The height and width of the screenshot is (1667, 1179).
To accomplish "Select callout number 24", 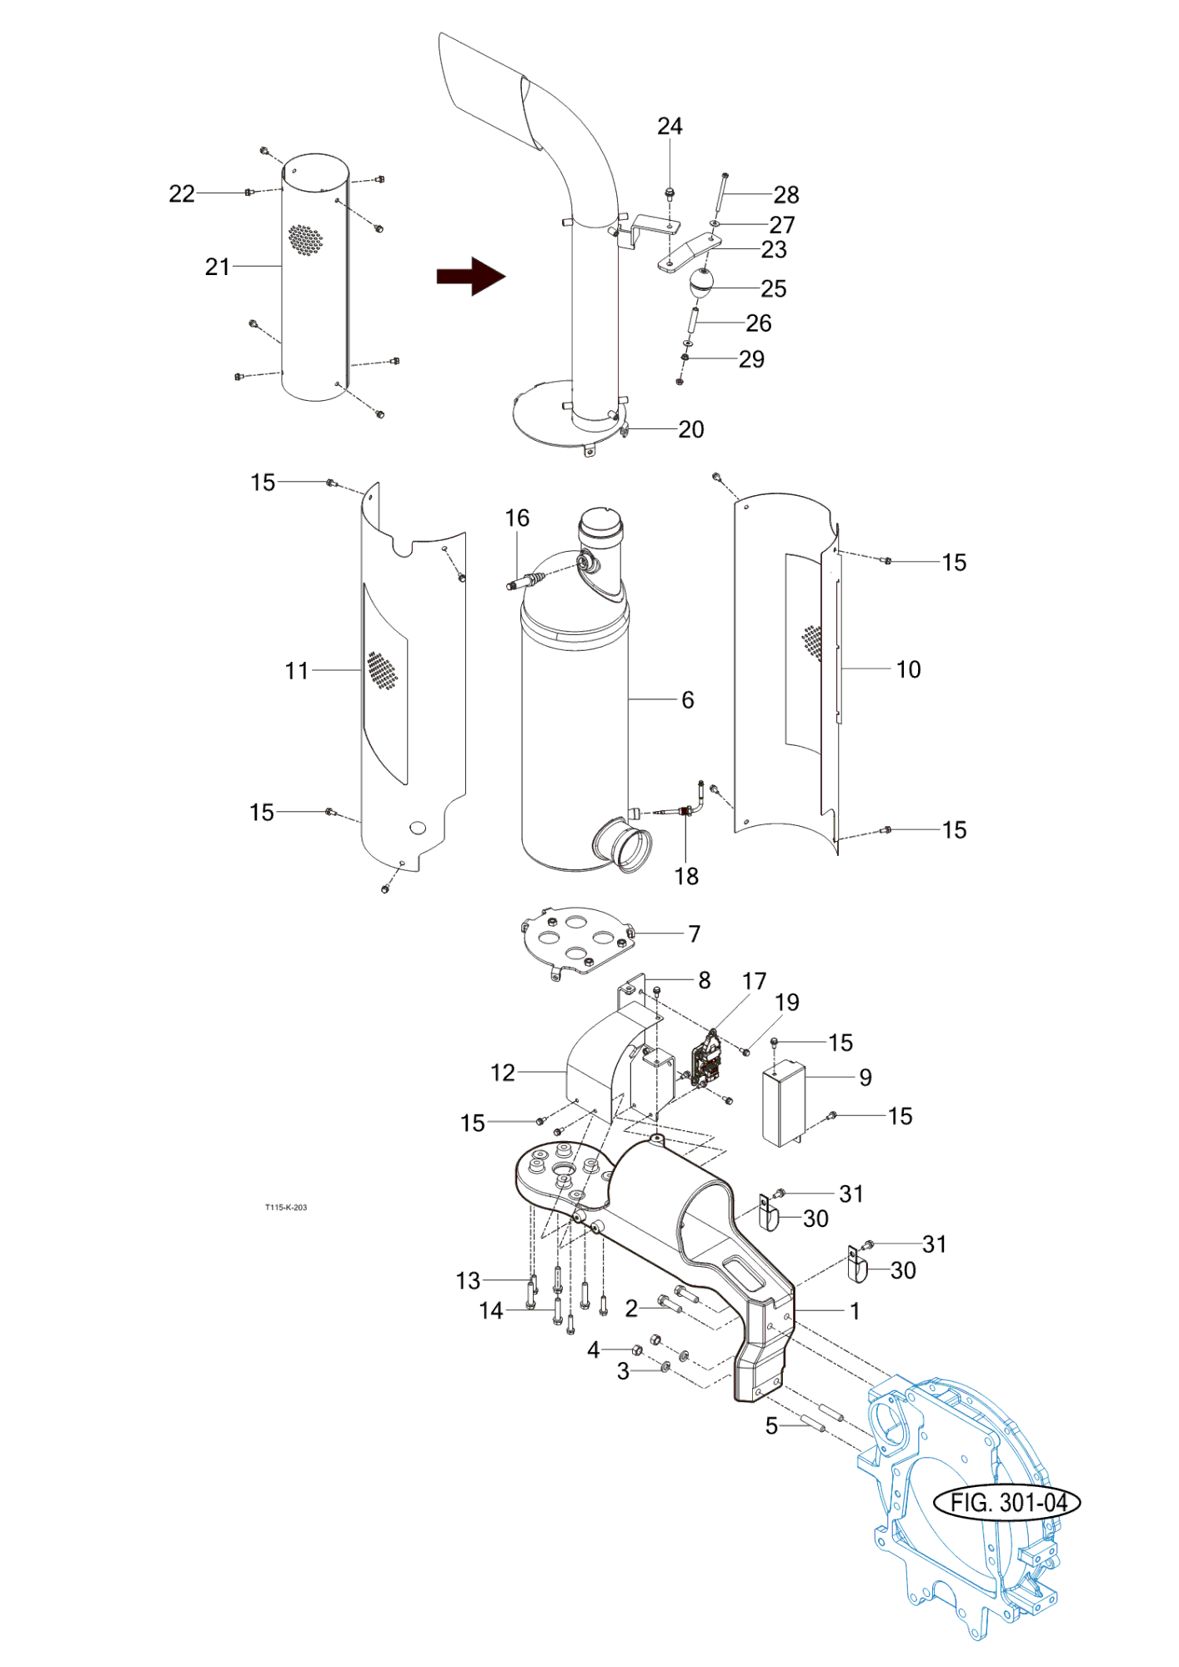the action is click(x=670, y=126).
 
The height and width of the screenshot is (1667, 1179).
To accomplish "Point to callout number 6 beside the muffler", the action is click(x=688, y=700).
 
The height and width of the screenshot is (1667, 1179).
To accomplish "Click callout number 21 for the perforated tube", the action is click(x=217, y=267).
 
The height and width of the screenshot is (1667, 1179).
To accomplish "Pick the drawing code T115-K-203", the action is click(x=286, y=1208).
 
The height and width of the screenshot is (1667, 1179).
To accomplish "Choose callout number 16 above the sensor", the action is click(x=517, y=518).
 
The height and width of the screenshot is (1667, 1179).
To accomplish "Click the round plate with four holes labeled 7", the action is click(x=576, y=939).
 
